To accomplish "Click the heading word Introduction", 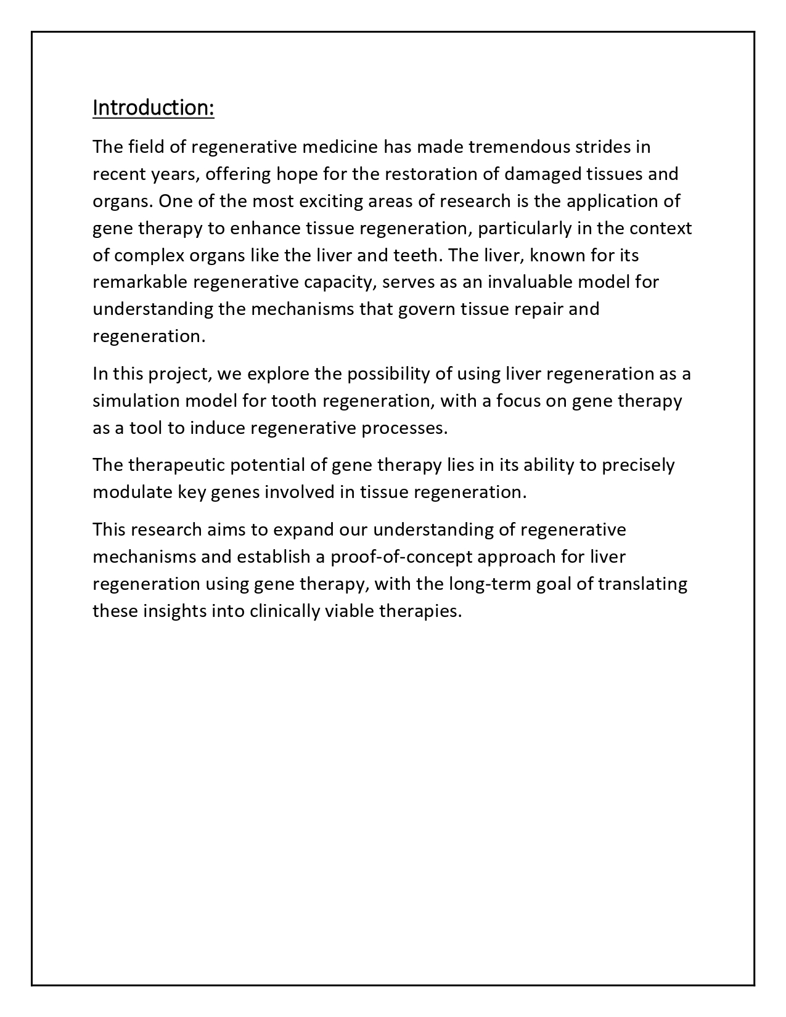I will coord(153,107).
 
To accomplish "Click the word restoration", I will coord(431,174).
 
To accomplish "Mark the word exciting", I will coord(330,201).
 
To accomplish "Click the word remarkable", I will coord(140,282).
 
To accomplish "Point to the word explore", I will coord(277,374).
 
